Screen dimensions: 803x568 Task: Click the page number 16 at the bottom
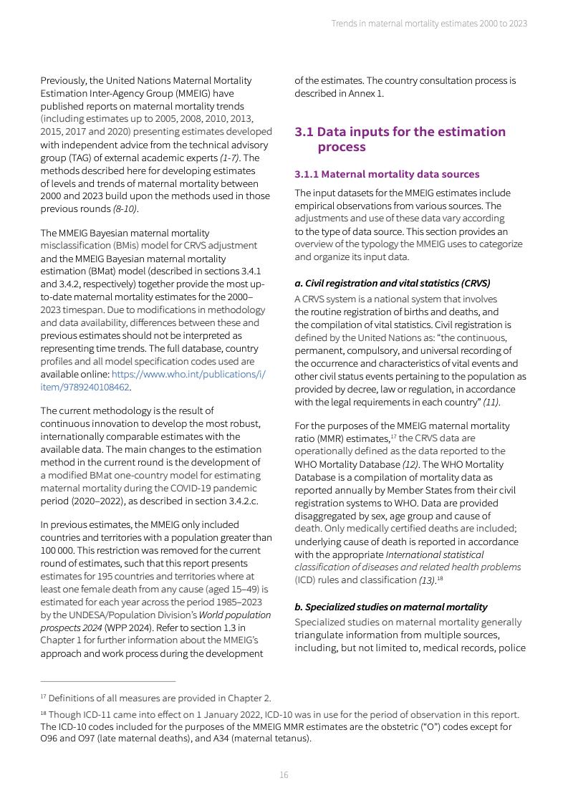[284, 775]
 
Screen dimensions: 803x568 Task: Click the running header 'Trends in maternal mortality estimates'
[428, 24]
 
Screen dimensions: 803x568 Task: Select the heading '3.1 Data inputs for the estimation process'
[400, 139]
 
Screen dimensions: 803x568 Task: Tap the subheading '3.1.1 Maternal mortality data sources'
[387, 174]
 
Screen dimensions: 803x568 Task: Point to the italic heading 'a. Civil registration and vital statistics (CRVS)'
[393, 283]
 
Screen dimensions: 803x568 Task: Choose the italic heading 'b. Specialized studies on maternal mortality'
[391, 607]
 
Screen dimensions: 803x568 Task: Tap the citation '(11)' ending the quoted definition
[491, 403]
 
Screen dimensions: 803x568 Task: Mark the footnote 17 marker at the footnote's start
[43, 696]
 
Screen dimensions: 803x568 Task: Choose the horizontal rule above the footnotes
[107, 681]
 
